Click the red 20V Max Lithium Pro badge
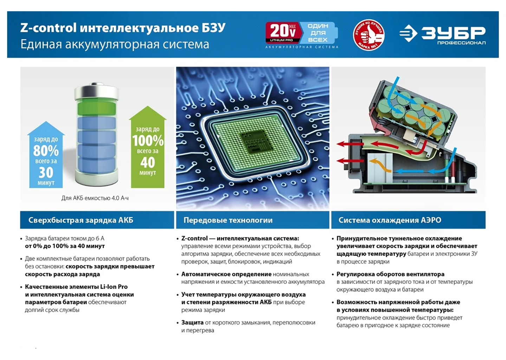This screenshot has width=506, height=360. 283,33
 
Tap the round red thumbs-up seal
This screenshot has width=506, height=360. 369,34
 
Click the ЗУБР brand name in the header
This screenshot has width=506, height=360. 453,33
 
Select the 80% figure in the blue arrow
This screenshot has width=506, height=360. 46,150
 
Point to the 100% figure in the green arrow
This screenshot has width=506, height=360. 148,141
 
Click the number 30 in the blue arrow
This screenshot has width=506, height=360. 46,172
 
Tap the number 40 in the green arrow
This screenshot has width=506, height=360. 148,162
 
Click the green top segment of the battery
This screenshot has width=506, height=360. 97,109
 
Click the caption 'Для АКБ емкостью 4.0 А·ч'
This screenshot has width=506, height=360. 95,198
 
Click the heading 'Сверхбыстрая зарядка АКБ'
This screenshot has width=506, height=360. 81,220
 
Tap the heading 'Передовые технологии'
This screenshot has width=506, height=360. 228,220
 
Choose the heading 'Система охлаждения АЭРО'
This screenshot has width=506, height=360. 390,220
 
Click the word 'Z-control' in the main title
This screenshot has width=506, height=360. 48,27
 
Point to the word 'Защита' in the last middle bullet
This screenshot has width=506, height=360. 192,322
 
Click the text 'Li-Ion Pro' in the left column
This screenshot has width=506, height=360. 114,287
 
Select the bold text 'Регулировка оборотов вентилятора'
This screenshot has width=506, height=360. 390,274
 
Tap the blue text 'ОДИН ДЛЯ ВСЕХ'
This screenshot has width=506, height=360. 318,33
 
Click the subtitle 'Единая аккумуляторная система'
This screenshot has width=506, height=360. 115,44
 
